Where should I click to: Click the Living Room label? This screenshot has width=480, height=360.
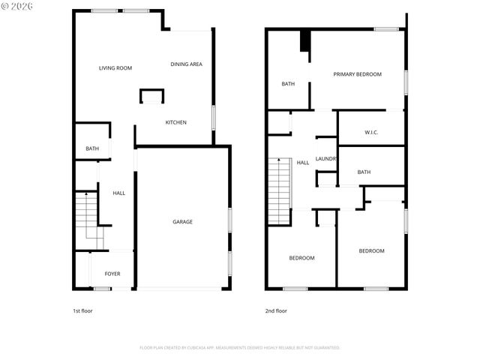pyautogui.click(x=115, y=68)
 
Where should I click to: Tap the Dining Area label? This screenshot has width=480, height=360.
pyautogui.click(x=186, y=64)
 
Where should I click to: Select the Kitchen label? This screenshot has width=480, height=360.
pyautogui.click(x=176, y=122)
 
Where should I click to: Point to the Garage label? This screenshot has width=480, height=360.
pyautogui.click(x=182, y=222)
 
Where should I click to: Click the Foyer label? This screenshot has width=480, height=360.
pyautogui.click(x=112, y=274)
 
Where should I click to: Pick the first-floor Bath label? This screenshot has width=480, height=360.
pyautogui.click(x=92, y=148)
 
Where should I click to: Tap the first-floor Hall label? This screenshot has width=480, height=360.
pyautogui.click(x=119, y=193)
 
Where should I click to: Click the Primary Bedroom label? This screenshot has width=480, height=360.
pyautogui.click(x=358, y=74)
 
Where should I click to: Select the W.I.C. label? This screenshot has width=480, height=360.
pyautogui.click(x=371, y=133)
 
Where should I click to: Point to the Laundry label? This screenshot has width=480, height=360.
pyautogui.click(x=326, y=159)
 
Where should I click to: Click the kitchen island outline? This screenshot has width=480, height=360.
pyautogui.click(x=151, y=95)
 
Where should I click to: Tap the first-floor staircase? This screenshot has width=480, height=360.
pyautogui.click(x=88, y=217)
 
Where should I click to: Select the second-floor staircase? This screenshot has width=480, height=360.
pyautogui.click(x=279, y=190)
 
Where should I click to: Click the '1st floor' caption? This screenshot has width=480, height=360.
pyautogui.click(x=82, y=310)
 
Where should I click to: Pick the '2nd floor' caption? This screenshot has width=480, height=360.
pyautogui.click(x=276, y=310)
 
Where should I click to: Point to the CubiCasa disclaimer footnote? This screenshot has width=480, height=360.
pyautogui.click(x=240, y=348)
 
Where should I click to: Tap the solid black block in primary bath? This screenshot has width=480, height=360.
pyautogui.click(x=304, y=40)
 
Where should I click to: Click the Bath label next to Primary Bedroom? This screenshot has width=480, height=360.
pyautogui.click(x=288, y=84)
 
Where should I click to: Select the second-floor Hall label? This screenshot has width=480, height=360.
pyautogui.click(x=303, y=163)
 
